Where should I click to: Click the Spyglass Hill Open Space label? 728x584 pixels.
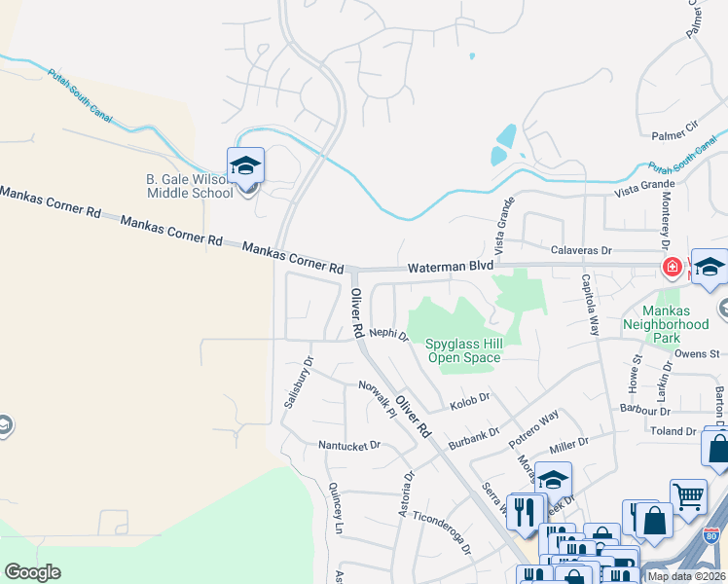pos(464,350)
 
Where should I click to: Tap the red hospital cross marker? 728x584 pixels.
pos(672,267)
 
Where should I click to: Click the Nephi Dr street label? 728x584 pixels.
pos(388,335)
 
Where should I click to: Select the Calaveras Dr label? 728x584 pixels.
pos(578,251)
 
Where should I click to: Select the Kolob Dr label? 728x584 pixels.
pos(469,398)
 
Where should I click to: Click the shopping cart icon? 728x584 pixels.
pos(688,496)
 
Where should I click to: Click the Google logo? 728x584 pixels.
pos(32,572)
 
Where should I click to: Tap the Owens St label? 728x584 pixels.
pos(701,353)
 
